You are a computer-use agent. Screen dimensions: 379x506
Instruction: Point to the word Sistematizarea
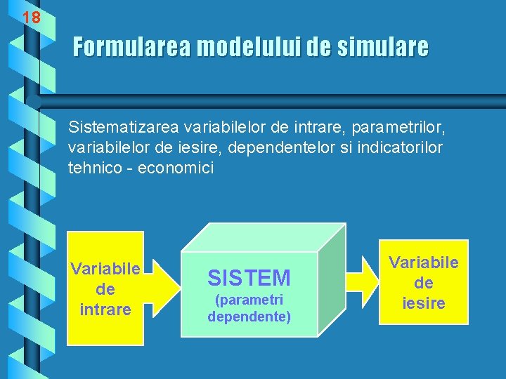(123, 128)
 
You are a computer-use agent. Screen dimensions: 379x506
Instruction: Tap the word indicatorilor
(398, 148)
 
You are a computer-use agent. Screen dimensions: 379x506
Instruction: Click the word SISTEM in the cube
(249, 279)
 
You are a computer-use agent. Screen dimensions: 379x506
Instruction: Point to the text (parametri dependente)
(249, 308)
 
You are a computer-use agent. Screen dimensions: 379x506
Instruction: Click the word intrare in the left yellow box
(105, 308)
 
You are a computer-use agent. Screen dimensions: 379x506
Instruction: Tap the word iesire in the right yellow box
(424, 302)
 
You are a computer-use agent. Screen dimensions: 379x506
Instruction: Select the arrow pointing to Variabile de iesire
(363, 282)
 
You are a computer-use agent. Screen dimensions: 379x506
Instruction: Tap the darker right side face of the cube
(331, 281)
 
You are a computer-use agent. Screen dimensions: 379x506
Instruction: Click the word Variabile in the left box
(105, 269)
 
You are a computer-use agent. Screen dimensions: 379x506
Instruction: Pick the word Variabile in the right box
(424, 262)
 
